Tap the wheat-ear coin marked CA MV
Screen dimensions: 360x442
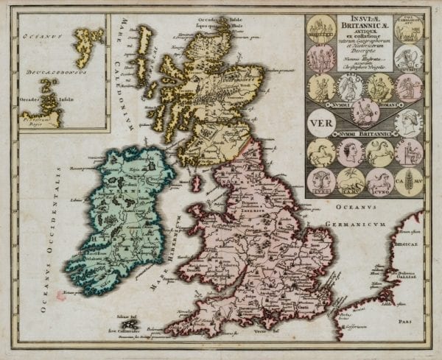[x=409, y=181]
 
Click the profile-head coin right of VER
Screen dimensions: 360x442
[x=407, y=120]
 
